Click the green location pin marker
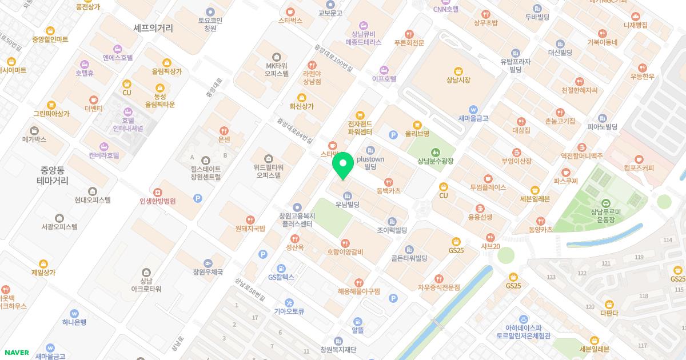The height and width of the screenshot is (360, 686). [x=342, y=167]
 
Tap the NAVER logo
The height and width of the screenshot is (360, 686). [x=16, y=353]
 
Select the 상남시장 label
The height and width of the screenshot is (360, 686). [x=458, y=80]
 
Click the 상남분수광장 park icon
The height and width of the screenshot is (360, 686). [x=436, y=152]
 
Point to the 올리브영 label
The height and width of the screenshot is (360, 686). [x=417, y=135]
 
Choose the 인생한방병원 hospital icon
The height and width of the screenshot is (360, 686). [x=157, y=191]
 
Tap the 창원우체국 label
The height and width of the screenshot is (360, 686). [x=208, y=272]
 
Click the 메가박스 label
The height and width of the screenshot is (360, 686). [x=34, y=139]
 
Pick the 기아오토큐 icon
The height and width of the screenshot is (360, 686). [x=289, y=302]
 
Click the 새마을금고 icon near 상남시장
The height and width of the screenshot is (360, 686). [x=473, y=109]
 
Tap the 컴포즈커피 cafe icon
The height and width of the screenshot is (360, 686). [x=639, y=158]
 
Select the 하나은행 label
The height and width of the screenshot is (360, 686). [x=74, y=322]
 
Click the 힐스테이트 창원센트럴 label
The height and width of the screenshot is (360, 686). [x=206, y=173]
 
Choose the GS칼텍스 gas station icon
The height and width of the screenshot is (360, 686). [x=281, y=268]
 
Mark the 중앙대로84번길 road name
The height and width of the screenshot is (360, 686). [x=295, y=130]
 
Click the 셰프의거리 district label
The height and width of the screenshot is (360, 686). [x=153, y=27]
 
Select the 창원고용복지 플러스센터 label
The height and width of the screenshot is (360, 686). [x=296, y=219]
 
